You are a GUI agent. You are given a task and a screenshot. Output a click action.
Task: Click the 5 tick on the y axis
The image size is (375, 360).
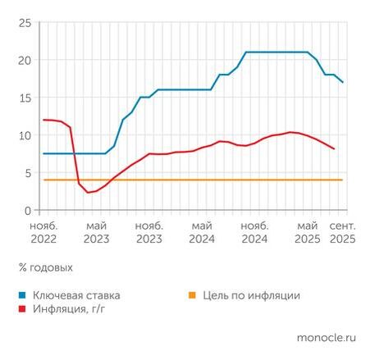(27, 173)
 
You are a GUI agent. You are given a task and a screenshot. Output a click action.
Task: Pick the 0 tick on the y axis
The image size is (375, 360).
(27, 210)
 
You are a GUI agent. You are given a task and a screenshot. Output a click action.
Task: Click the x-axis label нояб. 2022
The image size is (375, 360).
(43, 232)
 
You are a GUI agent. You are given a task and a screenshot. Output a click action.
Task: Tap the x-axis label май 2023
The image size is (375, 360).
(96, 232)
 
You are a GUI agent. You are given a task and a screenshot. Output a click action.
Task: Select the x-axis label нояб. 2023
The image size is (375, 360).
(149, 232)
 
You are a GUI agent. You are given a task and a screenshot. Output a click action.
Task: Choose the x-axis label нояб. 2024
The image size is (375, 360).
(254, 232)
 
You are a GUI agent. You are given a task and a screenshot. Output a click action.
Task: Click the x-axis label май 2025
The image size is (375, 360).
(307, 232)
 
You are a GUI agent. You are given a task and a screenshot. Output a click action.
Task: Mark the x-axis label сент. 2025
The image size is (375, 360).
(342, 232)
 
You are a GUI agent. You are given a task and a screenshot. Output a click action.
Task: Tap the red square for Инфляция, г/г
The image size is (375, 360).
(22, 309)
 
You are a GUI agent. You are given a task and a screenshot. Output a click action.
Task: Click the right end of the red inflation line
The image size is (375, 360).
(334, 149)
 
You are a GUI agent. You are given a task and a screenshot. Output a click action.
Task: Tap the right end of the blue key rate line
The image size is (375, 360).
(343, 83)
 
